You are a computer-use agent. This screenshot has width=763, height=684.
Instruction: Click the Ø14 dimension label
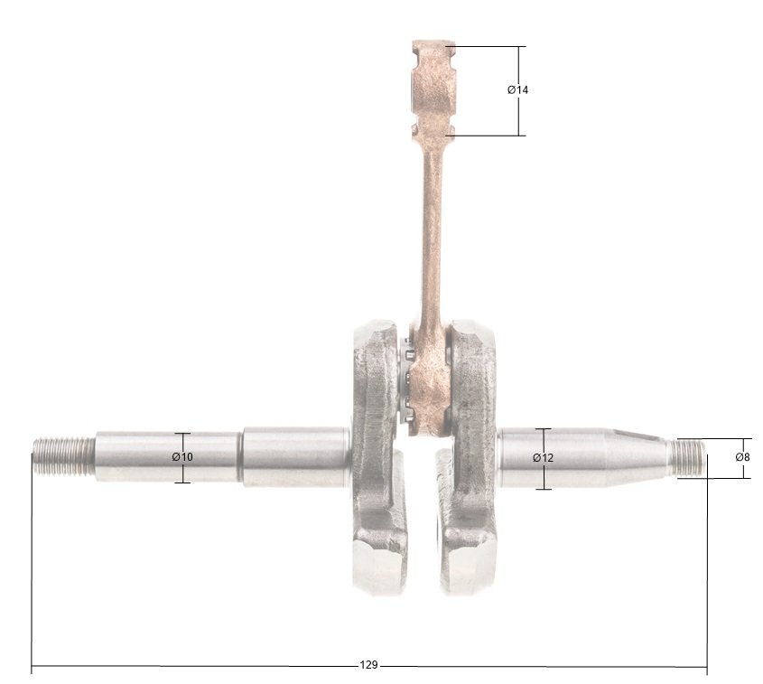point(517,90)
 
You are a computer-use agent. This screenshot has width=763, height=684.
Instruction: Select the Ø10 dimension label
point(182,456)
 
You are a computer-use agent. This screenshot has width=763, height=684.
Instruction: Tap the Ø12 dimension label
point(543,457)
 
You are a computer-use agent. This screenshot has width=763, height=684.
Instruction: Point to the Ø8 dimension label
point(743,456)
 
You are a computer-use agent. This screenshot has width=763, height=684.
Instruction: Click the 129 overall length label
point(368,665)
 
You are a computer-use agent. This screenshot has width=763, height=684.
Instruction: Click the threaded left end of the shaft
point(64,456)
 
